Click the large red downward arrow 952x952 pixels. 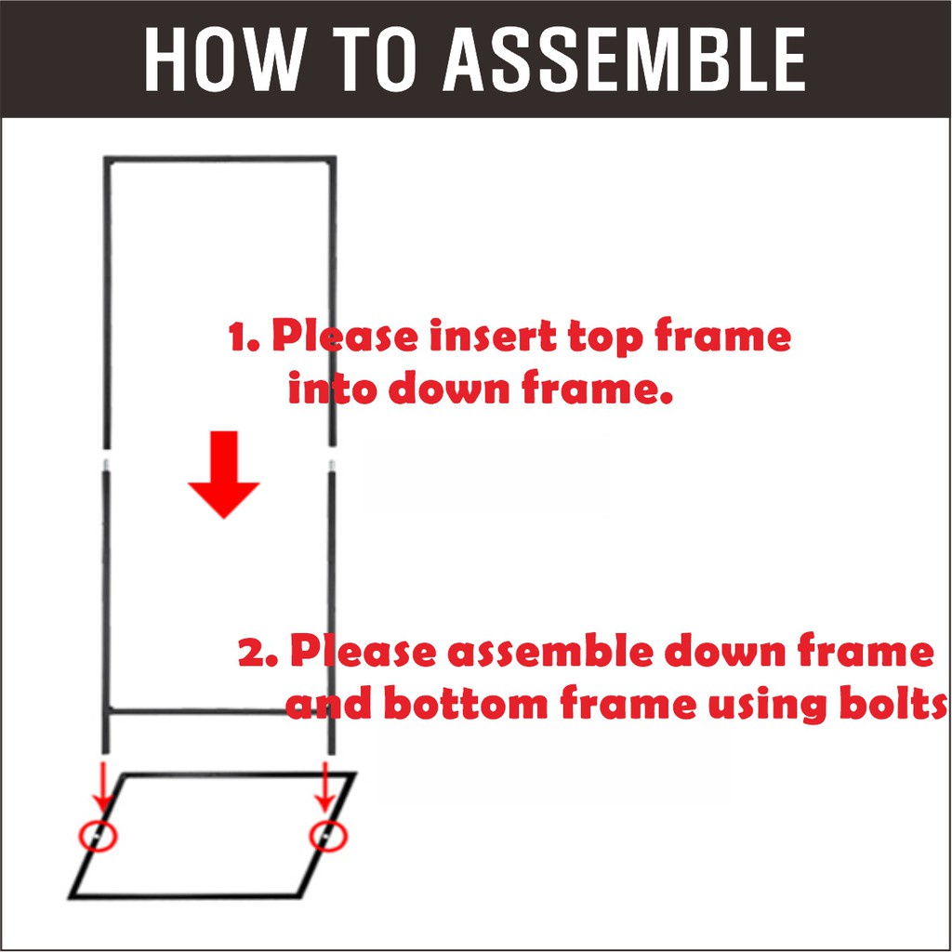[224, 474]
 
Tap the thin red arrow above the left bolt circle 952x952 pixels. [102, 788]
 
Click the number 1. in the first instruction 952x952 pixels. [245, 337]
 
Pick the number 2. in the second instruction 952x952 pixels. [258, 652]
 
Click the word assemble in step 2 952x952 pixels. [549, 650]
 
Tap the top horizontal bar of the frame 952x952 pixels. [219, 160]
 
